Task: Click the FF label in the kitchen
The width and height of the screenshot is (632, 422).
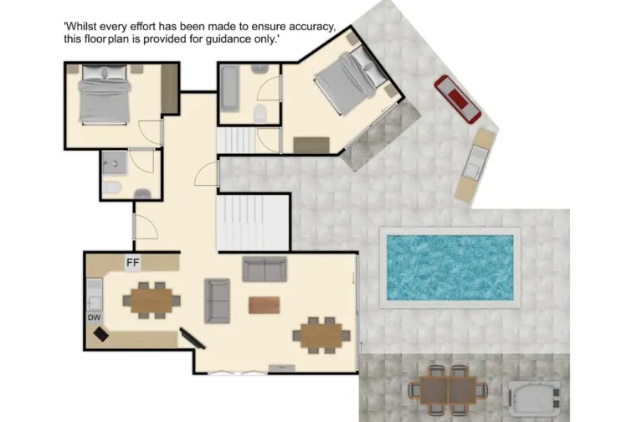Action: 132,262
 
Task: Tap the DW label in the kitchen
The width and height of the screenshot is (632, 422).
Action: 94,317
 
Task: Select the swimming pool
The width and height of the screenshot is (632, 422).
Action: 450,266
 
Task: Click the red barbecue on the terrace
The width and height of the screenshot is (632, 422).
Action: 456,97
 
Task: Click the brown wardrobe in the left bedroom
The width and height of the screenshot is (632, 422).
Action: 170,90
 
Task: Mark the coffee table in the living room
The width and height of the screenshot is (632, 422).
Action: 265,305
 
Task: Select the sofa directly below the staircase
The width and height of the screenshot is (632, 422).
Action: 265,269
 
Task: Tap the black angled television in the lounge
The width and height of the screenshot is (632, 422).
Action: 192,338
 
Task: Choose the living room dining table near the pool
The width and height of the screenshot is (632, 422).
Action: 321,332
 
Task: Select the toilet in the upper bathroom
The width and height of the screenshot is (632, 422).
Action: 260,113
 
